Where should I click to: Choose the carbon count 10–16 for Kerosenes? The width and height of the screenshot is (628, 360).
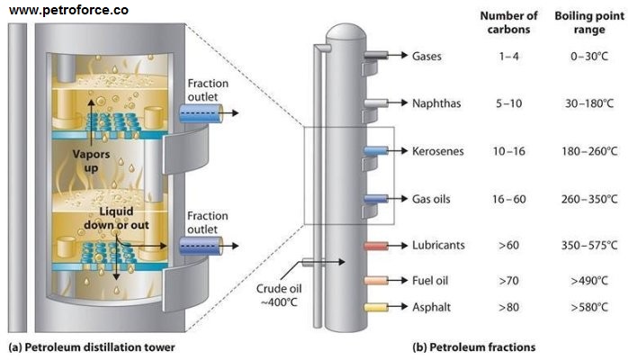[x=509, y=150]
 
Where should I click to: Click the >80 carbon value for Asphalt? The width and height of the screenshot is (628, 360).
[x=509, y=307]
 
